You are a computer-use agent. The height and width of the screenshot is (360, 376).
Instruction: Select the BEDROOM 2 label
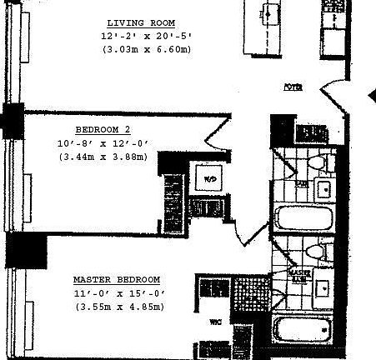click(x=103, y=130)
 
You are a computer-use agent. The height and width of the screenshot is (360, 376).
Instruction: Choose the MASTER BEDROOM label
click(x=116, y=280)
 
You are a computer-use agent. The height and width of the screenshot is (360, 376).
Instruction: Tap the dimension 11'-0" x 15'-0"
click(x=116, y=293)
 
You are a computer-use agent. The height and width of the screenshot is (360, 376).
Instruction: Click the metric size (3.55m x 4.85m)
click(x=116, y=307)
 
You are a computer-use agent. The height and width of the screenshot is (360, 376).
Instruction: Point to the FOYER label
click(x=292, y=87)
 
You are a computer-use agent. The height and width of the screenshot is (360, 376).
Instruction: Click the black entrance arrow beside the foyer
click(x=371, y=97)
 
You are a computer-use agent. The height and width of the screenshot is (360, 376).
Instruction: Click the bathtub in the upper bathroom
click(x=304, y=220)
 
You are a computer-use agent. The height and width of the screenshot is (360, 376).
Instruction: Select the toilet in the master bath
click(x=315, y=251)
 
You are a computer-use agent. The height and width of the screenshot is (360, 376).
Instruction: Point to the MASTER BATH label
click(x=298, y=273)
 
